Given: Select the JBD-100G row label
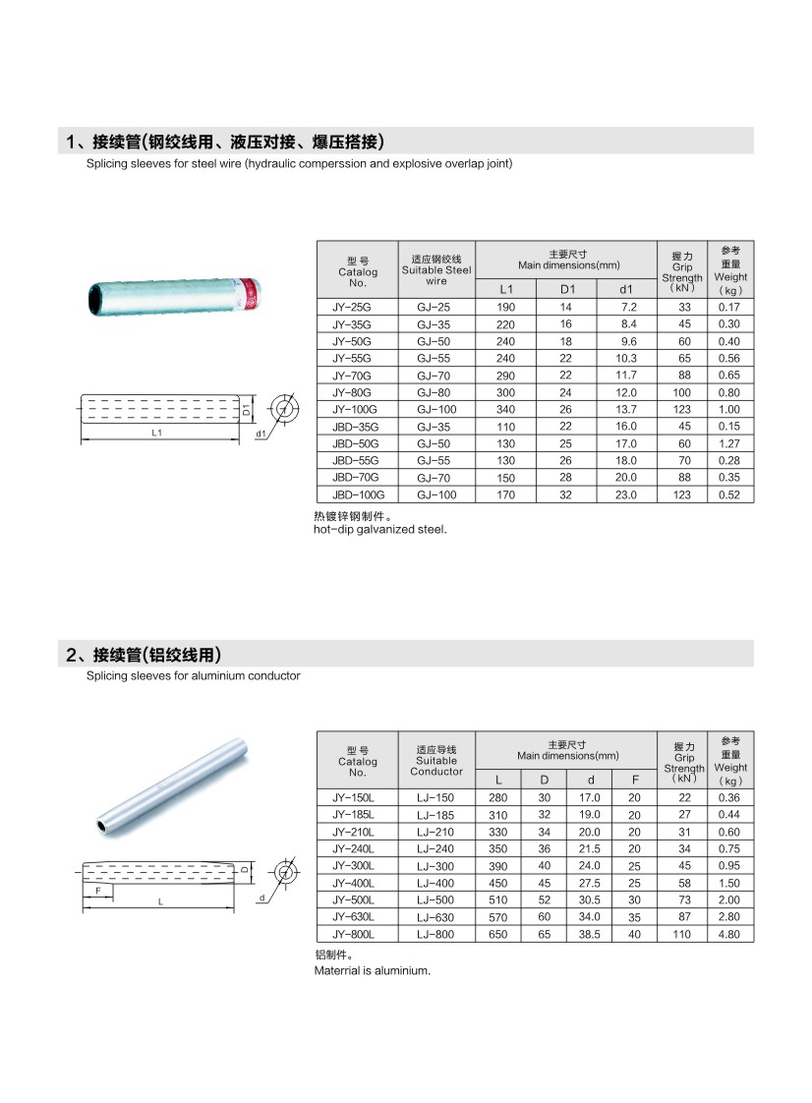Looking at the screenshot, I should click(358, 494).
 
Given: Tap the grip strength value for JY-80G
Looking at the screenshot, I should click(681, 392).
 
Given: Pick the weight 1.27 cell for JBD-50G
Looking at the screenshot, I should click(728, 443).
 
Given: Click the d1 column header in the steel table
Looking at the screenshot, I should click(625, 289).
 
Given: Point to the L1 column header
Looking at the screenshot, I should click(506, 289).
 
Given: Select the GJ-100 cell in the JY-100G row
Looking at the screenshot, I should click(435, 409).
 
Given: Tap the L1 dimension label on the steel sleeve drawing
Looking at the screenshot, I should click(156, 433).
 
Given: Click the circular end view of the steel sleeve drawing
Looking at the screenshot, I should click(285, 407).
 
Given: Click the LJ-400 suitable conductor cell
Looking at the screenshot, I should click(435, 883).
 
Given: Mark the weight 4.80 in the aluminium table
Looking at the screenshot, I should click(728, 934).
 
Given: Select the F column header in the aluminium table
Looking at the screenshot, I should click(635, 780).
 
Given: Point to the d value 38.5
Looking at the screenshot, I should click(590, 934).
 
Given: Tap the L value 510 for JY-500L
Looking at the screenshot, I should click(498, 900).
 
